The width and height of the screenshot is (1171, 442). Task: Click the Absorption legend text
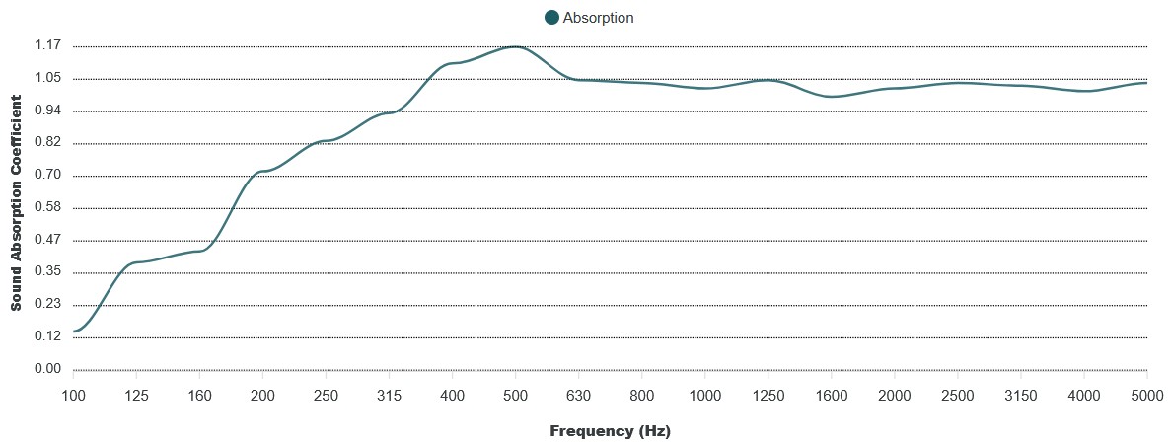(x=598, y=18)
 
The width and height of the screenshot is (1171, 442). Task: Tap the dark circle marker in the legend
(x=551, y=18)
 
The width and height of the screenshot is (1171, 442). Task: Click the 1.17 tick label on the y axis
(x=47, y=46)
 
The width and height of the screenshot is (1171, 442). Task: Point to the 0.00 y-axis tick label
(x=47, y=370)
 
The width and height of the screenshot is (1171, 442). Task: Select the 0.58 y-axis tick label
(x=47, y=208)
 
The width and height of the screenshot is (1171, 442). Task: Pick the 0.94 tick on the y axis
(x=47, y=111)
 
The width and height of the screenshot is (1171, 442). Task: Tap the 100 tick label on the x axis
(x=73, y=395)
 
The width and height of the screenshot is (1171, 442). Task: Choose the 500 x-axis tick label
(x=515, y=395)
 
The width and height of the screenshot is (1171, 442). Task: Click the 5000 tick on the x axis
(x=1146, y=395)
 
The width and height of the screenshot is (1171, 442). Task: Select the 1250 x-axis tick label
(x=768, y=395)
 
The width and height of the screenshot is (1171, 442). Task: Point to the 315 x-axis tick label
(x=389, y=395)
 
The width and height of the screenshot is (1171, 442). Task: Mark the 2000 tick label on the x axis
(x=894, y=395)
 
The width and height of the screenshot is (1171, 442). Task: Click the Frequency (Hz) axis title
(x=610, y=431)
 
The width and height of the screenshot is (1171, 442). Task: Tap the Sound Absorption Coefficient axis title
(x=17, y=203)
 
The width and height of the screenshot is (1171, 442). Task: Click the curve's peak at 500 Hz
(x=515, y=46)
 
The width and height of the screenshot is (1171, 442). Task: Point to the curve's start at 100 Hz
(x=74, y=331)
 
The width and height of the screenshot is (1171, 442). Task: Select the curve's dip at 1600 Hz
(x=832, y=97)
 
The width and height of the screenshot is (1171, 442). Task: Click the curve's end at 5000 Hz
(x=1146, y=83)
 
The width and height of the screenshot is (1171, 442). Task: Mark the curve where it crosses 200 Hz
(x=262, y=172)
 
